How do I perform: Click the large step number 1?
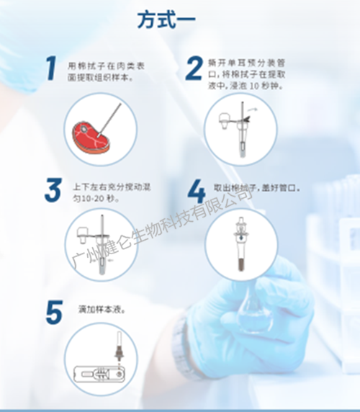tap(50, 70)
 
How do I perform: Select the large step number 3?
tap(52, 189)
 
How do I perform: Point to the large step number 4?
tap(196, 191)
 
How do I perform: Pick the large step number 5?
tap(53, 313)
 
